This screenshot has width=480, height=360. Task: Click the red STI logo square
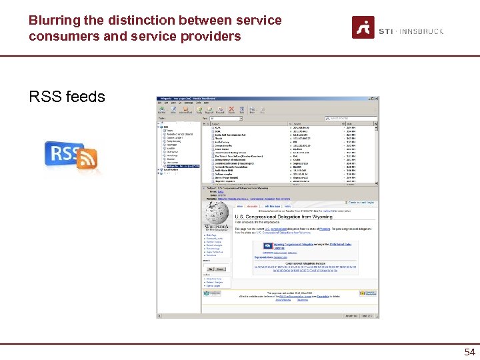(363, 28)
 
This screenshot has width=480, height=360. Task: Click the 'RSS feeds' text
(67, 97)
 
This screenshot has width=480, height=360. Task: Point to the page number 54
(469, 351)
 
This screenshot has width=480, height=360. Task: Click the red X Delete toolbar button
(231, 110)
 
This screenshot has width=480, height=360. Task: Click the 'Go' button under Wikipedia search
(209, 269)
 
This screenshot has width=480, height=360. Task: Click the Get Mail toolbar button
(161, 110)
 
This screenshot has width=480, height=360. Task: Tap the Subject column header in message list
(220, 124)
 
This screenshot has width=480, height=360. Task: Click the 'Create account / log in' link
(359, 202)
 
